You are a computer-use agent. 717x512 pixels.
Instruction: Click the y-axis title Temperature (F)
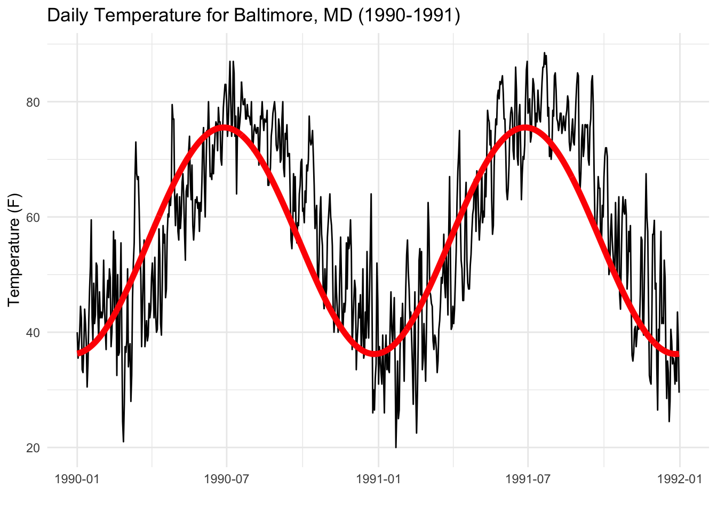coord(14,250)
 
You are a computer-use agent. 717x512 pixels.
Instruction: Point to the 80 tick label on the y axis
coord(33,102)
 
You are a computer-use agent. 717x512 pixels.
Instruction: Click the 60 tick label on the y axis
coord(33,217)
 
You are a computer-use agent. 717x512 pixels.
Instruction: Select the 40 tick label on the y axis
coord(33,332)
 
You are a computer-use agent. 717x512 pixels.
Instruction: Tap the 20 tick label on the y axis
coord(33,448)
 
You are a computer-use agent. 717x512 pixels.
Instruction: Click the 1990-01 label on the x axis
coord(77,478)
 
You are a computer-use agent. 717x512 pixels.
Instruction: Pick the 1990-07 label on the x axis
coord(227,478)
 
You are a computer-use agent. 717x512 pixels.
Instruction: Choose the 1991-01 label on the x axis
coord(378,478)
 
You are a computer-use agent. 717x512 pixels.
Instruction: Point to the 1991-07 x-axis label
coord(528,478)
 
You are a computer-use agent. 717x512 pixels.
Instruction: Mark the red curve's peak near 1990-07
coord(225,127)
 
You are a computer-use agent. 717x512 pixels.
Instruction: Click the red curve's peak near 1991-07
coord(526,127)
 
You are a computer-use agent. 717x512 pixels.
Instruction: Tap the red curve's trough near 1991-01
coord(377,354)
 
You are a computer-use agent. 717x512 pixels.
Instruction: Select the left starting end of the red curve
coord(78,353)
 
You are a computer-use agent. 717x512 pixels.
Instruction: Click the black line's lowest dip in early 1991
coord(396,447)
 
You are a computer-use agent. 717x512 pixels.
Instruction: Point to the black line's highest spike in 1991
coord(544,53)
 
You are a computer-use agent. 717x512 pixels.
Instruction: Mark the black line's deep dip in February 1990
coord(123,441)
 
